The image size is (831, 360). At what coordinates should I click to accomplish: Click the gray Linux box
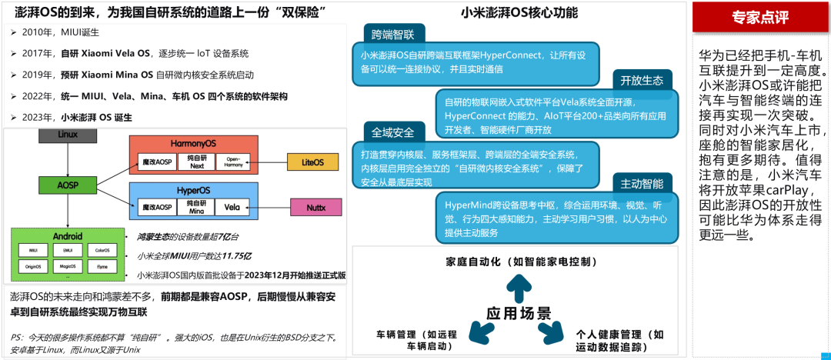point(68,135)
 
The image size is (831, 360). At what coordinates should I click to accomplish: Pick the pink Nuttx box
point(315,207)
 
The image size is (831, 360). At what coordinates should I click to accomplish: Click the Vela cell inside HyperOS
point(233,208)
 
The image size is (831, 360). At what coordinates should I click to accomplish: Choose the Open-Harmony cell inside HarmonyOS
point(233,163)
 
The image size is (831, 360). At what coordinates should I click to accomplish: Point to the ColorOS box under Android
point(103,249)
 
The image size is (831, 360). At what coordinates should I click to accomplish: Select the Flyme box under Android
point(103,266)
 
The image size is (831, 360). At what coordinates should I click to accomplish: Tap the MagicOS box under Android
point(68,266)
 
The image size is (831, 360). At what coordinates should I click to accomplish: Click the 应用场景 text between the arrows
point(517,313)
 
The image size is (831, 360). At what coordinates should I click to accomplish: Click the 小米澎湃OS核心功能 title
point(519,13)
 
